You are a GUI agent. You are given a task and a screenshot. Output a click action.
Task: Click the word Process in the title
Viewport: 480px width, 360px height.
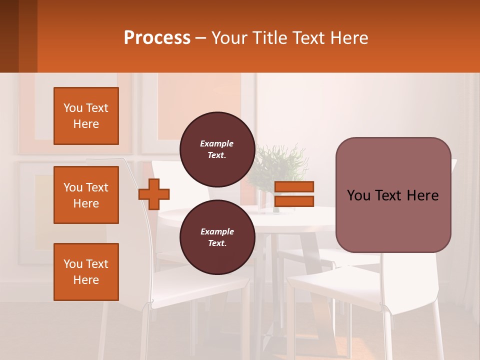tap(156, 38)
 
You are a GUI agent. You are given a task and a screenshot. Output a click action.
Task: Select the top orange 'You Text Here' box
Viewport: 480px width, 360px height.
tap(86, 116)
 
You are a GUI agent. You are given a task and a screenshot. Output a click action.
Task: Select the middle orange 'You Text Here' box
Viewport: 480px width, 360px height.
tap(86, 195)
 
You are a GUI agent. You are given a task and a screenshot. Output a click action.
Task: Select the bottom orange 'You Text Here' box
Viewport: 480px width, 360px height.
tap(86, 272)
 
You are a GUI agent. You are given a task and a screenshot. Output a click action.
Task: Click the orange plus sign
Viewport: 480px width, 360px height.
tap(154, 193)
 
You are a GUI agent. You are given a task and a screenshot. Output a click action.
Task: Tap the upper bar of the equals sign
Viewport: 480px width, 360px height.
tap(294, 187)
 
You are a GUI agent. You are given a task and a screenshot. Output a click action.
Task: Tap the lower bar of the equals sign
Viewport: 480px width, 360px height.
tap(294, 201)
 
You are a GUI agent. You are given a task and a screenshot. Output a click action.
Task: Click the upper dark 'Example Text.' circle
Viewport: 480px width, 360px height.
tap(217, 149)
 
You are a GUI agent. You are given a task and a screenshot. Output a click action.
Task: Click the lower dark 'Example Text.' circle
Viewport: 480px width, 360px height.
tap(217, 237)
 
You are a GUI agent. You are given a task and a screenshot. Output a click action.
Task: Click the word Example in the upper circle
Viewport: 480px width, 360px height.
tap(217, 143)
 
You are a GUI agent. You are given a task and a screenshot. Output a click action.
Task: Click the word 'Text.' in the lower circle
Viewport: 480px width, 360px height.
tap(217, 243)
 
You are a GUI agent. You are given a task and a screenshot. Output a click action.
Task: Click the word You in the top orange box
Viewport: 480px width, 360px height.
tap(72, 108)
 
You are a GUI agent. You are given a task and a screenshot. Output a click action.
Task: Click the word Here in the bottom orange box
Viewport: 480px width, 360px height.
tap(86, 280)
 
